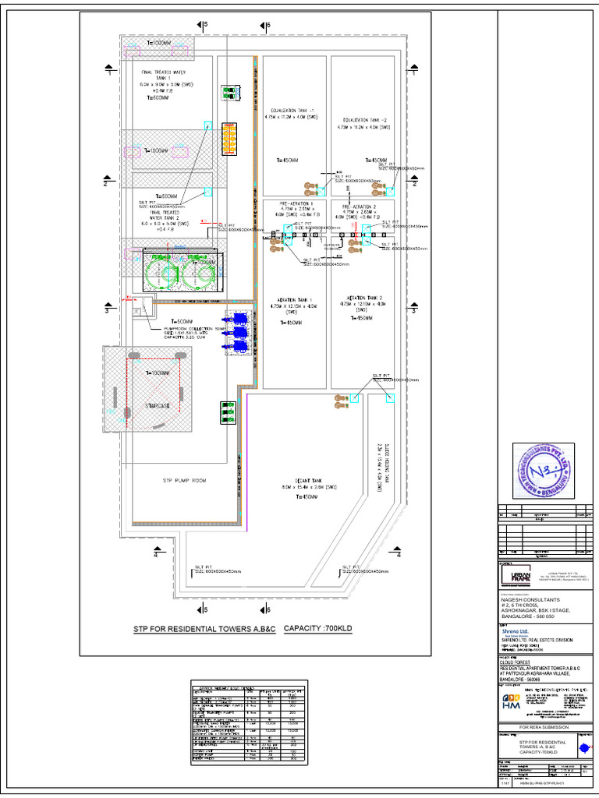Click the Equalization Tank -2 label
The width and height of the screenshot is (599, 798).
coord(363,122)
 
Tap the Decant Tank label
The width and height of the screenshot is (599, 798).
coord(304,483)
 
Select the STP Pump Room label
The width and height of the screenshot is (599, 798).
coord(184,481)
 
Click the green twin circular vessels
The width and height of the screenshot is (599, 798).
coord(177,270)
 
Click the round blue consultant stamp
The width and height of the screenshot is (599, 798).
coord(543,471)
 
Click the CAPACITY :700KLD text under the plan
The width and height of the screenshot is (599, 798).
coord(315,628)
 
